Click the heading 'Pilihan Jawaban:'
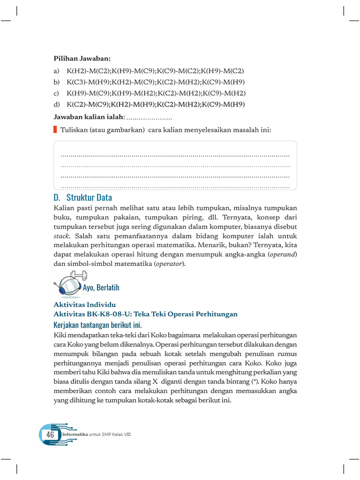click(82, 59)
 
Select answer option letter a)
click(57, 71)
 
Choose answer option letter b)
click(57, 82)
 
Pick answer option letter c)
click(57, 93)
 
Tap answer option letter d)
click(57, 104)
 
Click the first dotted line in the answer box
click(175, 155)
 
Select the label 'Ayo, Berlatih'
click(101, 287)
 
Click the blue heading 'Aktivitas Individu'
click(85, 305)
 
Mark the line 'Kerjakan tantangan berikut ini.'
click(98, 325)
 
